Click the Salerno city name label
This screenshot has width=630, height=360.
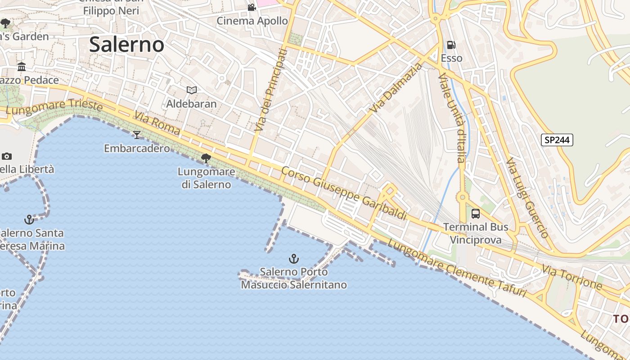pyautogui.click(x=126, y=45)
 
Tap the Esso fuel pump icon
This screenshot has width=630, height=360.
pyautogui.click(x=451, y=45)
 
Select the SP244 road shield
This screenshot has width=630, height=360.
pyautogui.click(x=557, y=140)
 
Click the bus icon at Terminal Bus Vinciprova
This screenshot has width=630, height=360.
pyautogui.click(x=476, y=214)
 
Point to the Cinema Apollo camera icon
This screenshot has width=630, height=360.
pyautogui.click(x=252, y=8)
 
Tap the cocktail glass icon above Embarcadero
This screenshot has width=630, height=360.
pyautogui.click(x=137, y=135)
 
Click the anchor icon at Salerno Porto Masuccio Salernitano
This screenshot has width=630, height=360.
pyautogui.click(x=293, y=259)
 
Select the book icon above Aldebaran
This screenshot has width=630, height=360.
pyautogui.click(x=192, y=90)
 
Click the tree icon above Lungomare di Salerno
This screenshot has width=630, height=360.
pyautogui.click(x=206, y=158)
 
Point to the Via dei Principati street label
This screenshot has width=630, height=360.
pyautogui.click(x=270, y=90)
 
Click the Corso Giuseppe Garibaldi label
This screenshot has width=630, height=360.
pyautogui.click(x=344, y=193)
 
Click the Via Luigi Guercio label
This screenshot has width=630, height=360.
pyautogui.click(x=527, y=198)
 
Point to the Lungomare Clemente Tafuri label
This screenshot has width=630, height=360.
pyautogui.click(x=456, y=269)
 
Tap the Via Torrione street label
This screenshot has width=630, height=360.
pyautogui.click(x=572, y=277)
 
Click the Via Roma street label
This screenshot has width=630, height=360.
pyautogui.click(x=157, y=125)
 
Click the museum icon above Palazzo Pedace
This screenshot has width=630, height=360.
pyautogui.click(x=21, y=67)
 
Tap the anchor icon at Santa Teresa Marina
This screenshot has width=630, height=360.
pyautogui.click(x=29, y=220)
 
